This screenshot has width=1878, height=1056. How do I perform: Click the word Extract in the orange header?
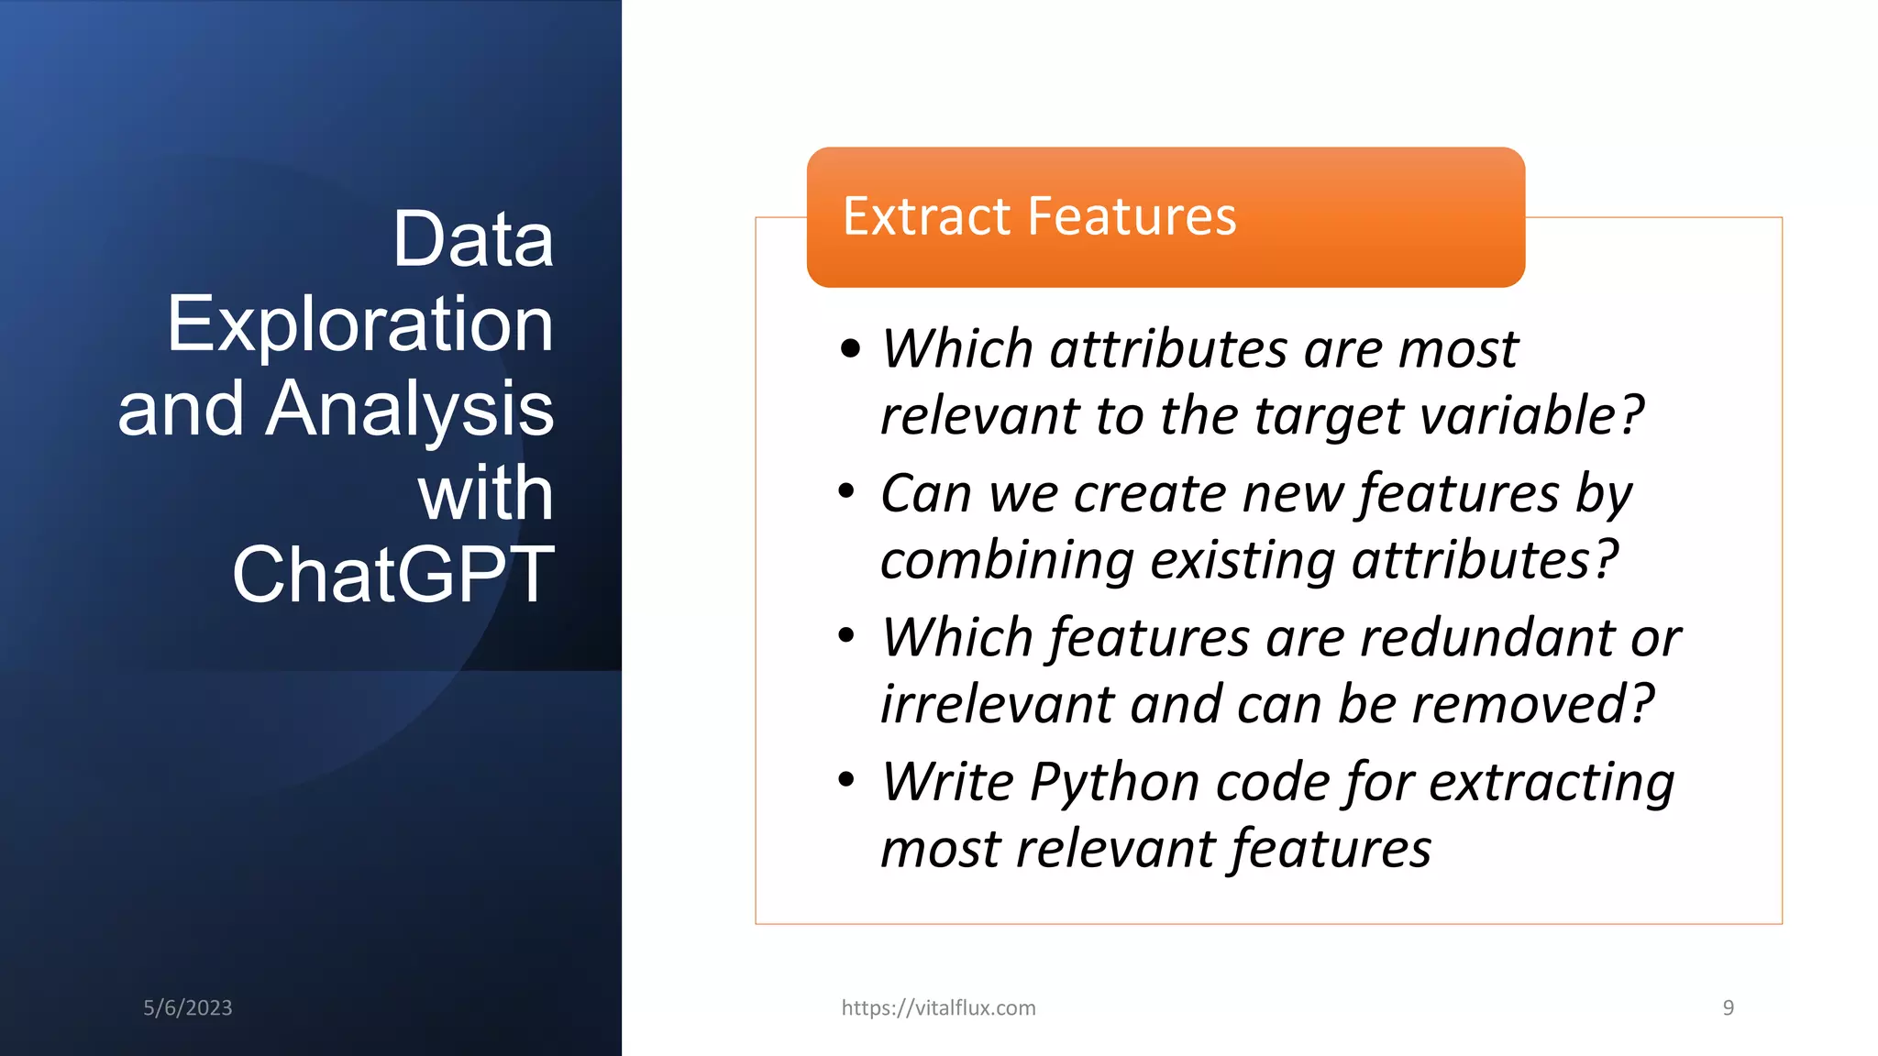pos(926,216)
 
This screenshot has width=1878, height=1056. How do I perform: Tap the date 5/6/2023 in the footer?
pos(188,1007)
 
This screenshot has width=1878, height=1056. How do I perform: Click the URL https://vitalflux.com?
pos(938,1007)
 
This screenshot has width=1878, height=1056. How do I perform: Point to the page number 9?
pos(1728,1007)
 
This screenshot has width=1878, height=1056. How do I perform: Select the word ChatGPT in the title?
pos(393,575)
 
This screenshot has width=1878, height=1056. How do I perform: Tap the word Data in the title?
pos(473,239)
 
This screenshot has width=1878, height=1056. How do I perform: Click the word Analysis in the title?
pos(410,409)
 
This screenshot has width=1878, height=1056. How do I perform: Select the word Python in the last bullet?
pos(1114,783)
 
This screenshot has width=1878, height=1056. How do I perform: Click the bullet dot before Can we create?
pos(846,491)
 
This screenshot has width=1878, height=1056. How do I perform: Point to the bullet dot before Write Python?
pos(846,780)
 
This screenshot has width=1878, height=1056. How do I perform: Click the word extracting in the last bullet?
pos(1552,783)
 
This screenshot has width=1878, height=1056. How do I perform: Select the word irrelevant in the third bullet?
pos(997,704)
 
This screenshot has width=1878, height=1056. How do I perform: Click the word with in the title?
pos(486,493)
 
